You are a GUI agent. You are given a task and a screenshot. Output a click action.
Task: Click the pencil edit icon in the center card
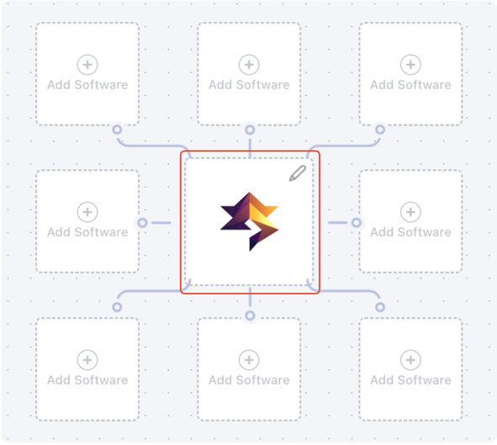click(x=298, y=173)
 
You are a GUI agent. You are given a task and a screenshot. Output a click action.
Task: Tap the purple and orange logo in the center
click(x=250, y=221)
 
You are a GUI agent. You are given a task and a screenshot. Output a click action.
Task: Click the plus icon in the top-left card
click(x=87, y=65)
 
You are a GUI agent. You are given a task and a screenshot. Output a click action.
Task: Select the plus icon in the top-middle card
click(x=249, y=65)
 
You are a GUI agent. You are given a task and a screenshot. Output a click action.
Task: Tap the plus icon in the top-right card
click(x=410, y=65)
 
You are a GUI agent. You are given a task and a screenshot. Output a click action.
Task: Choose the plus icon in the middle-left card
click(x=87, y=212)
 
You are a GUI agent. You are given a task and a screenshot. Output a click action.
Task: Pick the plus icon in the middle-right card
click(x=410, y=212)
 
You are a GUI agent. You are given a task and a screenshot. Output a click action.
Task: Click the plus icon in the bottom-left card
click(x=87, y=360)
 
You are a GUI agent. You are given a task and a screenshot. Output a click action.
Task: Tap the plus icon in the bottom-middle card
click(x=249, y=360)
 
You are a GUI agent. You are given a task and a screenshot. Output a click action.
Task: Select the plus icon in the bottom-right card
click(x=410, y=360)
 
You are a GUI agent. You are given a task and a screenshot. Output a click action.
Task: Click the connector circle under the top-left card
click(x=117, y=130)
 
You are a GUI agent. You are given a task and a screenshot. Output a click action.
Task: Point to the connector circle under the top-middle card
click(x=250, y=130)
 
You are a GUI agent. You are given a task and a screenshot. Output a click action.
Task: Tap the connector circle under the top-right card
click(x=380, y=130)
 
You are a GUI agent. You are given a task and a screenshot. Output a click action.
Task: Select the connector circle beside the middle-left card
click(x=143, y=223)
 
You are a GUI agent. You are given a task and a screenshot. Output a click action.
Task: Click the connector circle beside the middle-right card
click(x=357, y=223)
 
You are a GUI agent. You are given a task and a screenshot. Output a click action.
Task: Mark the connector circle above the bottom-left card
click(x=117, y=307)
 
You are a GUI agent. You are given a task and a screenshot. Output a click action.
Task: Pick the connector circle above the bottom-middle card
click(x=250, y=315)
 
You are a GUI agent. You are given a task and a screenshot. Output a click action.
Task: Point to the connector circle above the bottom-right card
click(x=380, y=307)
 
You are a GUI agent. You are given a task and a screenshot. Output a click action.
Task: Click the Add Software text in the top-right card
click(x=410, y=85)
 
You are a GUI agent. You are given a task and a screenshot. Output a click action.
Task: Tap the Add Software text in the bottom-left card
click(x=87, y=380)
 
